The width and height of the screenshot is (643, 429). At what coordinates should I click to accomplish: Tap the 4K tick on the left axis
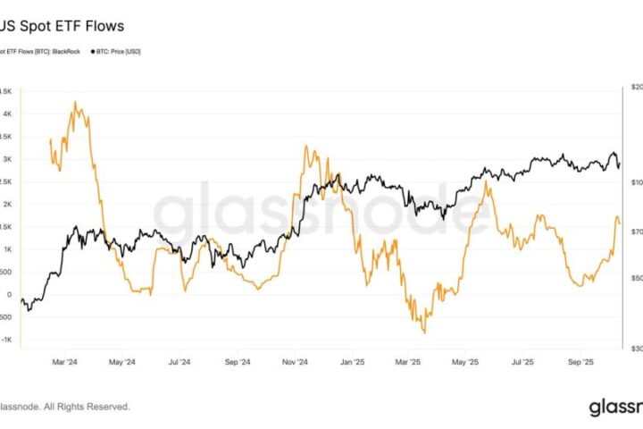coord(6,114)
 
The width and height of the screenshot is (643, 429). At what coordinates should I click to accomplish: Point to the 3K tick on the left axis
coord(6,159)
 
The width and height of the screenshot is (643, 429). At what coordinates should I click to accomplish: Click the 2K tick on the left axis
coord(6,205)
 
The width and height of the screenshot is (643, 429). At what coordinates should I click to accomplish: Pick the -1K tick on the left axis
coord(5,340)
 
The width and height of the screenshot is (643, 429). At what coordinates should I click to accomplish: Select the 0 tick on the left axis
coord(8,295)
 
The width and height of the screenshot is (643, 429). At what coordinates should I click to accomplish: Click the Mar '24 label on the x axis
coord(65,362)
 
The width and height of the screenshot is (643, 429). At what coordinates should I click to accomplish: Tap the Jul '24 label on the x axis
coord(180,362)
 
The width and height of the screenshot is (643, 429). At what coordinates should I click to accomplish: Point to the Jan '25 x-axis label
coord(353,362)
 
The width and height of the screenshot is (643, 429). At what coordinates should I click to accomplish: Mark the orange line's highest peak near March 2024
coord(75,102)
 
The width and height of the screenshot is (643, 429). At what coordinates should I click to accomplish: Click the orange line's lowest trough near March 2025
coord(423,332)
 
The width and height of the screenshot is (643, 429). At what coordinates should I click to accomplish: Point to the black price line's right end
coord(619,166)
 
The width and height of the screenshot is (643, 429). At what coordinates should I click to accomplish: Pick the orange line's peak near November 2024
coord(307,146)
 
